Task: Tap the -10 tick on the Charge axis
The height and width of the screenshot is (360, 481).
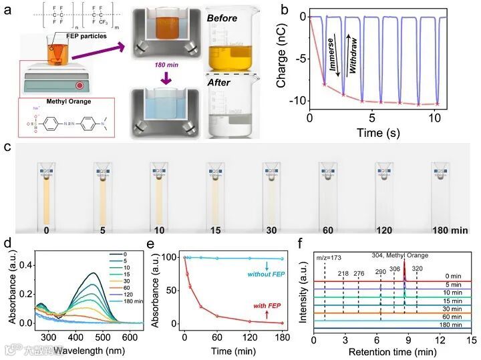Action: tap(295, 100)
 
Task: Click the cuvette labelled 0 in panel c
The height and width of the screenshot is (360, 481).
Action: tap(47, 194)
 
